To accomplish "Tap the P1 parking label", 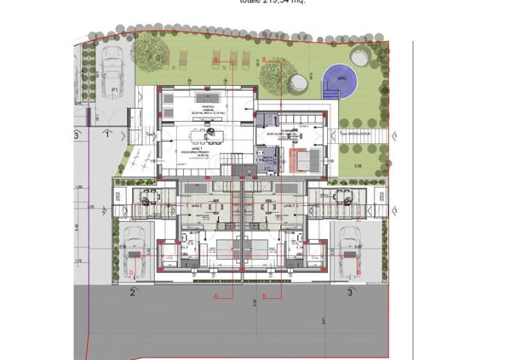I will [x=114, y=88].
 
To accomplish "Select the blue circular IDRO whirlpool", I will [x=342, y=80].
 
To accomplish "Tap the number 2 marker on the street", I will [x=133, y=292].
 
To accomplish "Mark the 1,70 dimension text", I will [x=78, y=261].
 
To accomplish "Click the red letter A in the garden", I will [x=217, y=59].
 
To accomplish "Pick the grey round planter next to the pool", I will [x=299, y=81].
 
